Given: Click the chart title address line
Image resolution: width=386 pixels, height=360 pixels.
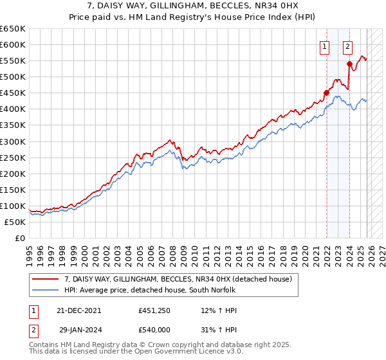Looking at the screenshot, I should pyautogui.click(x=192, y=6).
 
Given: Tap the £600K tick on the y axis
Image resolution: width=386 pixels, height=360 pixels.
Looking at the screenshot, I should pyautogui.click(x=13, y=45).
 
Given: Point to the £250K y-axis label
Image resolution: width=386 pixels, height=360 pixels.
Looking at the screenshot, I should pyautogui.click(x=13, y=157).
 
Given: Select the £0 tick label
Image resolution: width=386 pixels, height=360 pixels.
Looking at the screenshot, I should pyautogui.click(x=19, y=238).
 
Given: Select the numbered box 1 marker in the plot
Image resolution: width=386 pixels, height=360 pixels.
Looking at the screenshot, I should pyautogui.click(x=324, y=46).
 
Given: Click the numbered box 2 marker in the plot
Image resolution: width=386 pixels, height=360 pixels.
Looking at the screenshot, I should pyautogui.click(x=347, y=46).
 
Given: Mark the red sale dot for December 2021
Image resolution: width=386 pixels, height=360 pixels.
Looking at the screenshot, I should pyautogui.click(x=326, y=93).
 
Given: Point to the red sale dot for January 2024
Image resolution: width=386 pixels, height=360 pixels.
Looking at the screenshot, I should pyautogui.click(x=349, y=64).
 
